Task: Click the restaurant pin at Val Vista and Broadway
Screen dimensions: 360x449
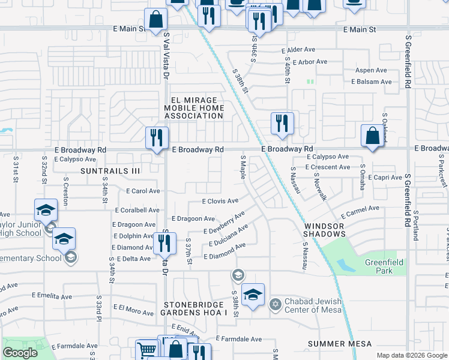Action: (x=153, y=138)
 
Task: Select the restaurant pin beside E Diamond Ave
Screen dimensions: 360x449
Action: (x=164, y=243)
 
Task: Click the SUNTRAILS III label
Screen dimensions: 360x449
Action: (x=110, y=171)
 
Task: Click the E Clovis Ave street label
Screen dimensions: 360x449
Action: (x=220, y=201)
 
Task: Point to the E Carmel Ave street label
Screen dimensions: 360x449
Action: (x=360, y=212)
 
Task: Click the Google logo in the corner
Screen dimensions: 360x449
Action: (x=20, y=353)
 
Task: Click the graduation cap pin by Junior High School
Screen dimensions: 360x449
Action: (x=46, y=211)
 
